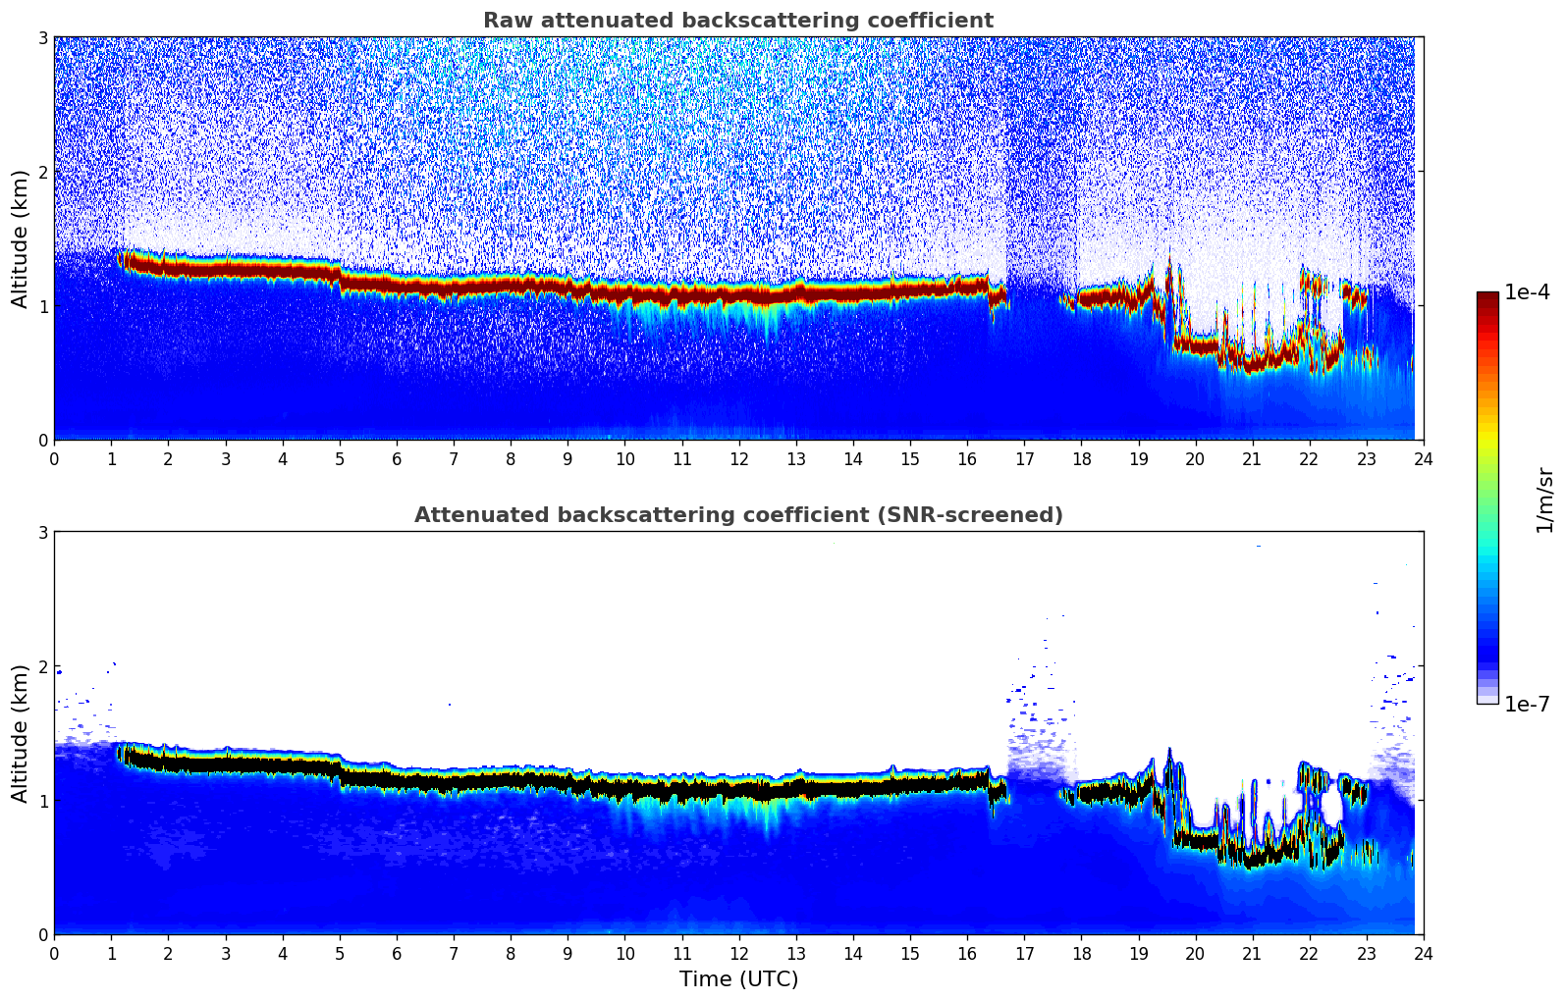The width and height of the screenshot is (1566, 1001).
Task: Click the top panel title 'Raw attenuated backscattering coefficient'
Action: point(737,21)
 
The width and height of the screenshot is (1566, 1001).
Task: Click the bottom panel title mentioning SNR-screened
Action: point(737,515)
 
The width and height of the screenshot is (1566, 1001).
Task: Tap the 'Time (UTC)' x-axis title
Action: point(738,979)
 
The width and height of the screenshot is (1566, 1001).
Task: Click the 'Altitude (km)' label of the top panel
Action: point(20,238)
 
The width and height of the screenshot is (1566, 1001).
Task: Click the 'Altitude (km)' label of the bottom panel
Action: point(20,733)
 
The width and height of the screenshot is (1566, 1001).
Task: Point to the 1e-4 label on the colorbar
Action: point(1527,292)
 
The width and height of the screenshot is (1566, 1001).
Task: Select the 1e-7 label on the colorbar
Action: point(1527,704)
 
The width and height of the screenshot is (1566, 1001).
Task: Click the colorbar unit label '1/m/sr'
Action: point(1544,500)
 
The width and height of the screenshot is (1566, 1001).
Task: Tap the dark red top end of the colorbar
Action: point(1487,296)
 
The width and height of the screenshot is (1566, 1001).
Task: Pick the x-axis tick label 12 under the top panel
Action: point(738,459)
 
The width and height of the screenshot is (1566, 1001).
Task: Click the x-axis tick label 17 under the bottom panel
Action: point(1024,954)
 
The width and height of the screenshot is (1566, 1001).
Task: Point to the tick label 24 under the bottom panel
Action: point(1424,954)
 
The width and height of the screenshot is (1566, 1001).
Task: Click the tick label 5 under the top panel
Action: point(340,459)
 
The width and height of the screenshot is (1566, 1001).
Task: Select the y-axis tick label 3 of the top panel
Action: point(42,37)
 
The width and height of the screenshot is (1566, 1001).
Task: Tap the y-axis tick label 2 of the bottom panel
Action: point(42,666)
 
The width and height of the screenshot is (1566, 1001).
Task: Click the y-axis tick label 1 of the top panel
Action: point(42,306)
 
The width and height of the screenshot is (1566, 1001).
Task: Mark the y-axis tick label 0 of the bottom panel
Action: point(42,935)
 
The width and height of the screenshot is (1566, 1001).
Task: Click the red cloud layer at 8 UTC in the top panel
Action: point(511,286)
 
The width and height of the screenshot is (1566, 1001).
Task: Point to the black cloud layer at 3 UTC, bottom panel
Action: point(225,763)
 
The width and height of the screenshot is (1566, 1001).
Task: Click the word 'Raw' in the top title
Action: point(504,21)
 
